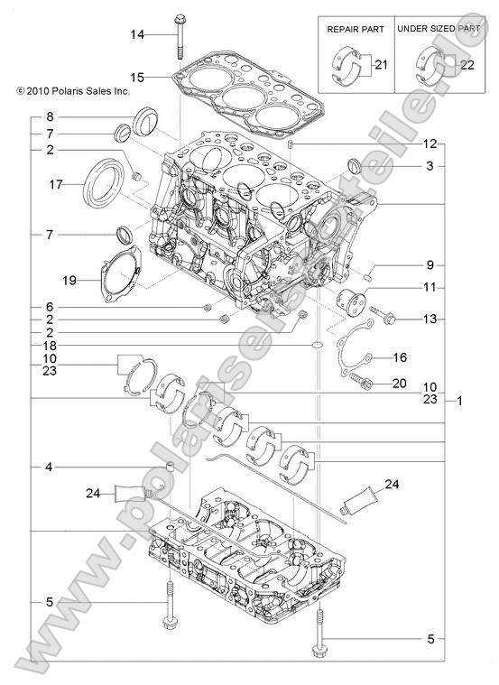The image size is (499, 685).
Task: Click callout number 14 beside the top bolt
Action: click(136, 34)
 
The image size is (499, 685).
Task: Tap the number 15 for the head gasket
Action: click(136, 77)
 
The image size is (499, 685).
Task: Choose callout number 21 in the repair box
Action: click(380, 65)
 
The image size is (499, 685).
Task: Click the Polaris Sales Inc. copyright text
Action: click(69, 91)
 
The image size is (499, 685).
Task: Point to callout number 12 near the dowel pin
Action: click(430, 144)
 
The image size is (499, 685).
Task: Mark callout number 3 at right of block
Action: click(430, 166)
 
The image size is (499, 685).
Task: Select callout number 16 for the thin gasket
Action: click(401, 357)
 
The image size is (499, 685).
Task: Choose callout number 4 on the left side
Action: click(48, 467)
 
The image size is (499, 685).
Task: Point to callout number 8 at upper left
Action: click(48, 117)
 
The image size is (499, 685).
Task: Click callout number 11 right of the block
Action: click(430, 287)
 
